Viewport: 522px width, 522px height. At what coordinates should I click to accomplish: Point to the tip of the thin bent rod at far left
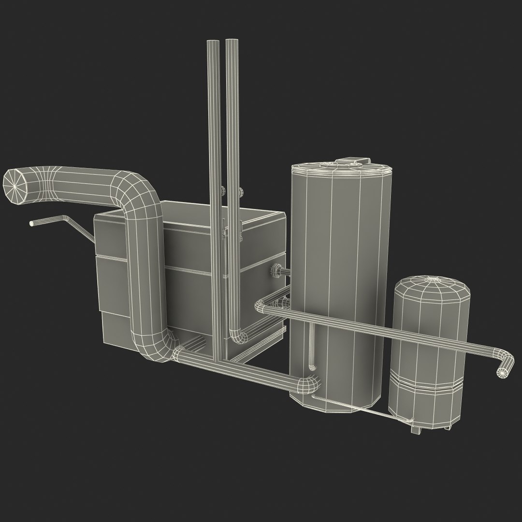coord(32,223)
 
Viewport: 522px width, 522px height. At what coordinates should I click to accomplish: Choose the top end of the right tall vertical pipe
coord(232,43)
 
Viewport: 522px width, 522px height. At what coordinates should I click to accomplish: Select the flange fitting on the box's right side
coord(277,271)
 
